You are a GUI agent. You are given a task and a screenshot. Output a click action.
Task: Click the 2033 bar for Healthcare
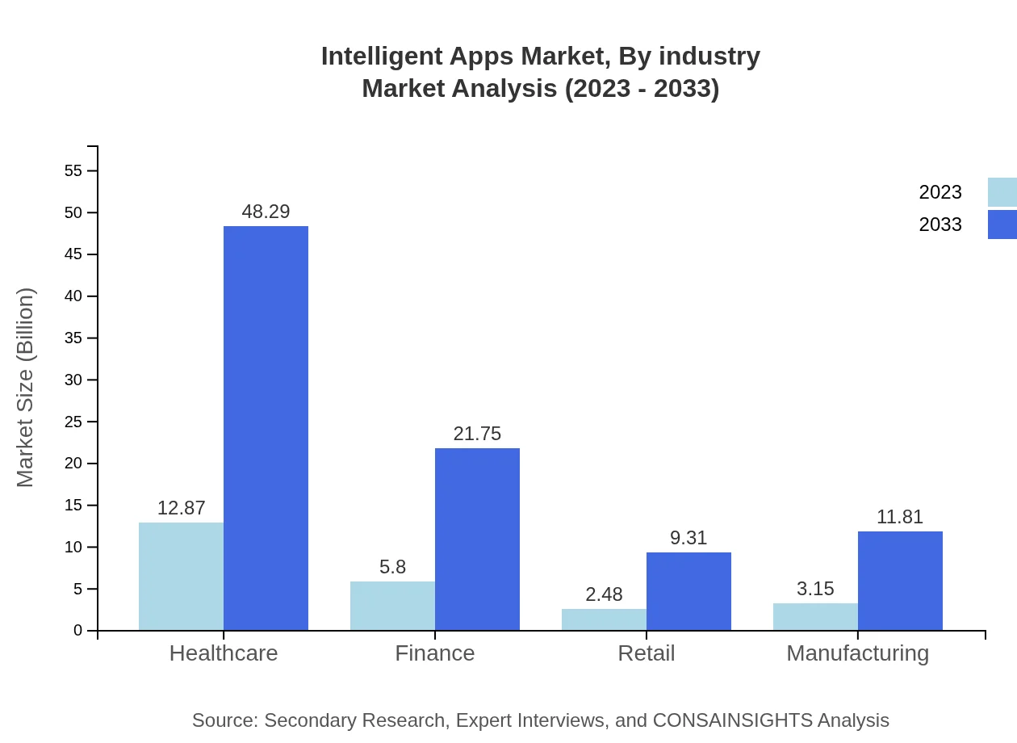coord(266,428)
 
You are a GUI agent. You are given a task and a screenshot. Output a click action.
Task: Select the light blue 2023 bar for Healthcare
coord(181,577)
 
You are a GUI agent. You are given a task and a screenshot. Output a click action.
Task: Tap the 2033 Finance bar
coord(477,539)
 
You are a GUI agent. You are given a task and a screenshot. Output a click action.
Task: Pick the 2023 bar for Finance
coord(392,606)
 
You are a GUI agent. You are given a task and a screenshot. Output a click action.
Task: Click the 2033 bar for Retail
coord(688,591)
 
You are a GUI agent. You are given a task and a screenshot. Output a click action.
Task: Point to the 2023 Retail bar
coord(604,619)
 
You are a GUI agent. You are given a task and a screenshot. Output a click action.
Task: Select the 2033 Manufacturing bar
coord(900,581)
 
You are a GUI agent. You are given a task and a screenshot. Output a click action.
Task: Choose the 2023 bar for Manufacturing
coord(815,617)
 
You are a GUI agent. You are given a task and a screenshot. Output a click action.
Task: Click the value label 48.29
coord(266,212)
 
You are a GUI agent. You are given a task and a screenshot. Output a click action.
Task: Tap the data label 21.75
coord(477,434)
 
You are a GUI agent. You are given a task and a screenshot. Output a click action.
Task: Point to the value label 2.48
coord(604,594)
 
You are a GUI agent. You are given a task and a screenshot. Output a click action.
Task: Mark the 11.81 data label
coord(900,517)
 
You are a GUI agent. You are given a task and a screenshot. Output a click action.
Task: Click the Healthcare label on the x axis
coord(224,653)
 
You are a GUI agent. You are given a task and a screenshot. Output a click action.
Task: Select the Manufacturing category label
coord(857,653)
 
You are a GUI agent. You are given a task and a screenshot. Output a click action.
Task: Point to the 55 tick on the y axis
coord(73,171)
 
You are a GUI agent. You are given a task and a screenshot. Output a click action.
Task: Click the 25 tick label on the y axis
coord(73,422)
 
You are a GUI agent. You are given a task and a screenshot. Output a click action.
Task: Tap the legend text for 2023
coord(940,192)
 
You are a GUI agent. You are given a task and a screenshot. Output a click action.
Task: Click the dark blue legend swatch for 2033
coord(1002,225)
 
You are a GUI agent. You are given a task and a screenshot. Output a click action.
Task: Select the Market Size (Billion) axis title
coord(26,388)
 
